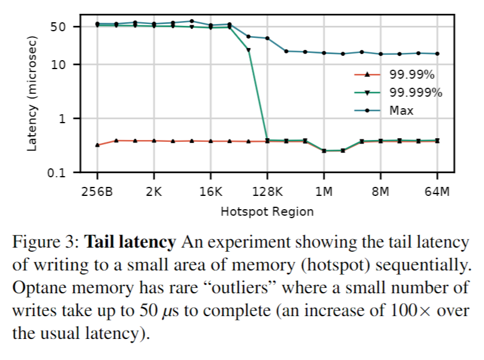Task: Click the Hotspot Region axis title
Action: point(267,212)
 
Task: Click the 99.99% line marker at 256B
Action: point(97,145)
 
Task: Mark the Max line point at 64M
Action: point(437,53)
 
